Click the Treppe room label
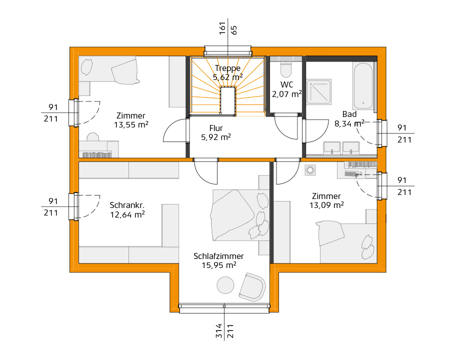coord(227,68)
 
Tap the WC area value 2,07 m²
coord(286,94)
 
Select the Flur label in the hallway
coord(216,128)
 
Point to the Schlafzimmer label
coord(218,256)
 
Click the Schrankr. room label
coord(127,205)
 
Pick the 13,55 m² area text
coord(131,125)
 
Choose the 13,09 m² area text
coord(326,205)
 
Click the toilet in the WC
coord(286,68)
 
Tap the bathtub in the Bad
coord(363,85)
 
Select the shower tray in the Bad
coord(319,91)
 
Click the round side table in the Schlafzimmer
coord(225,285)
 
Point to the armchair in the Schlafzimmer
coord(252,287)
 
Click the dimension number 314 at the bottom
coord(219,331)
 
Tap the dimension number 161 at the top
coord(222,28)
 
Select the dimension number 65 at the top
coord(234,30)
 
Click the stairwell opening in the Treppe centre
coord(228,100)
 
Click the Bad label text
coord(349,114)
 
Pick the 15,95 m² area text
coord(218,265)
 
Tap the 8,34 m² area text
coord(349,123)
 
